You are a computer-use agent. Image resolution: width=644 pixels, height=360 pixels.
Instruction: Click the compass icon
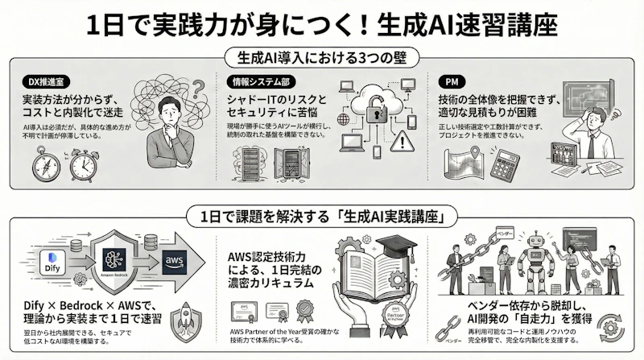44,165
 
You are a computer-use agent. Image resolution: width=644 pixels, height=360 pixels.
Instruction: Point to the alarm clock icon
82,166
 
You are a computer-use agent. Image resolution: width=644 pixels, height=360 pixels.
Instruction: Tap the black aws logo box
173,259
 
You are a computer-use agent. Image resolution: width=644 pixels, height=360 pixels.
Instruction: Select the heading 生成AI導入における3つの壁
322,59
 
